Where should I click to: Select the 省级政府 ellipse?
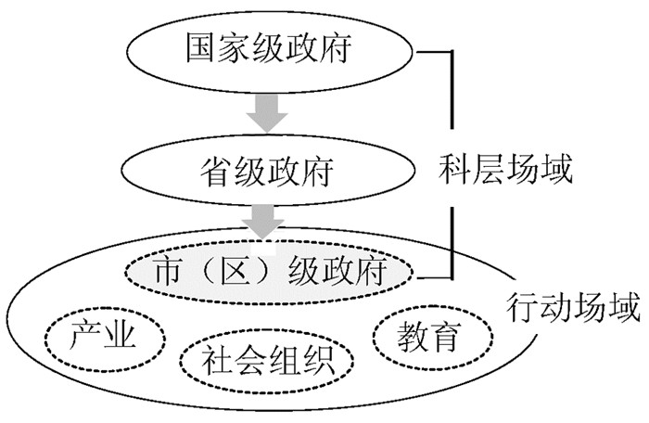(267, 171)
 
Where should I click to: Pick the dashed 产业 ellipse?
(104, 337)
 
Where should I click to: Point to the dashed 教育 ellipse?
(429, 336)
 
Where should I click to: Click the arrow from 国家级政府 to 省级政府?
(267, 111)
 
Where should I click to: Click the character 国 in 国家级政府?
(197, 48)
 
